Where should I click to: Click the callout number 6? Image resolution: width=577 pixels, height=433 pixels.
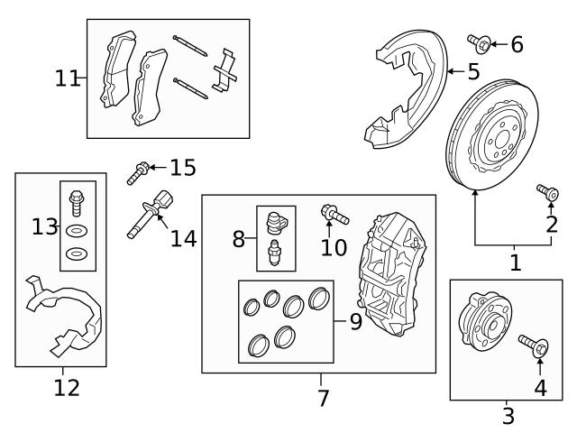(517, 42)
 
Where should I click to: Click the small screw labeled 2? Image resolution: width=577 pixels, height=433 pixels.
(545, 190)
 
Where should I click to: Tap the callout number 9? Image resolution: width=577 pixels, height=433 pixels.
(355, 322)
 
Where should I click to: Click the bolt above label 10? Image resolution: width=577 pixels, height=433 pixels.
(332, 215)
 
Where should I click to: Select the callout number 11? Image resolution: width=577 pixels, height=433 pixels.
(67, 78)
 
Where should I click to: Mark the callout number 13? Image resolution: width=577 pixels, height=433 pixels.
(44, 226)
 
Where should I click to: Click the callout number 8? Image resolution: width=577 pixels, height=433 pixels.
(238, 239)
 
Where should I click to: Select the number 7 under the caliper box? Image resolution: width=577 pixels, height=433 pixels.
(322, 397)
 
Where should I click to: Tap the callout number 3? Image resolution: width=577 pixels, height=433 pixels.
(508, 416)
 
